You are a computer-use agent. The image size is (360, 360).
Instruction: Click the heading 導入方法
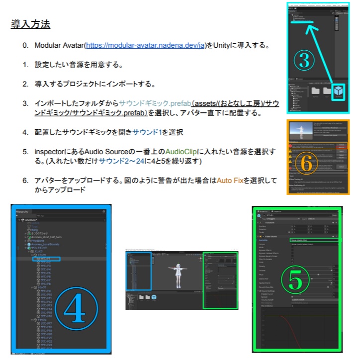pos(30,24)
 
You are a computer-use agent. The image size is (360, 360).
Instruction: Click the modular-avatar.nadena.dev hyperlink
pos(145,46)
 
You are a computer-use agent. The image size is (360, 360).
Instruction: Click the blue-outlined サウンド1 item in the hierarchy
pos(46,259)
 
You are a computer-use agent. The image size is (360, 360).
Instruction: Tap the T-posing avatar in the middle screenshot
pos(178,271)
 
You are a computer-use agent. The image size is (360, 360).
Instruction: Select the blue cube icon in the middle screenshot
pos(155,297)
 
